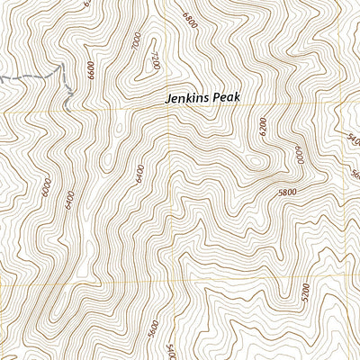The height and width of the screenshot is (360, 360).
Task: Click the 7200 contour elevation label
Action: (x=155, y=61)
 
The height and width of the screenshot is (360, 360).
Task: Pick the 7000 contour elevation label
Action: (x=136, y=41)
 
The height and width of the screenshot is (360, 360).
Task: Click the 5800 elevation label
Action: (x=287, y=193)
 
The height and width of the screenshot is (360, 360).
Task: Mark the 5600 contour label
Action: (x=153, y=329)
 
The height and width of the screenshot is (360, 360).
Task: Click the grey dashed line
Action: (x=36, y=76)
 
